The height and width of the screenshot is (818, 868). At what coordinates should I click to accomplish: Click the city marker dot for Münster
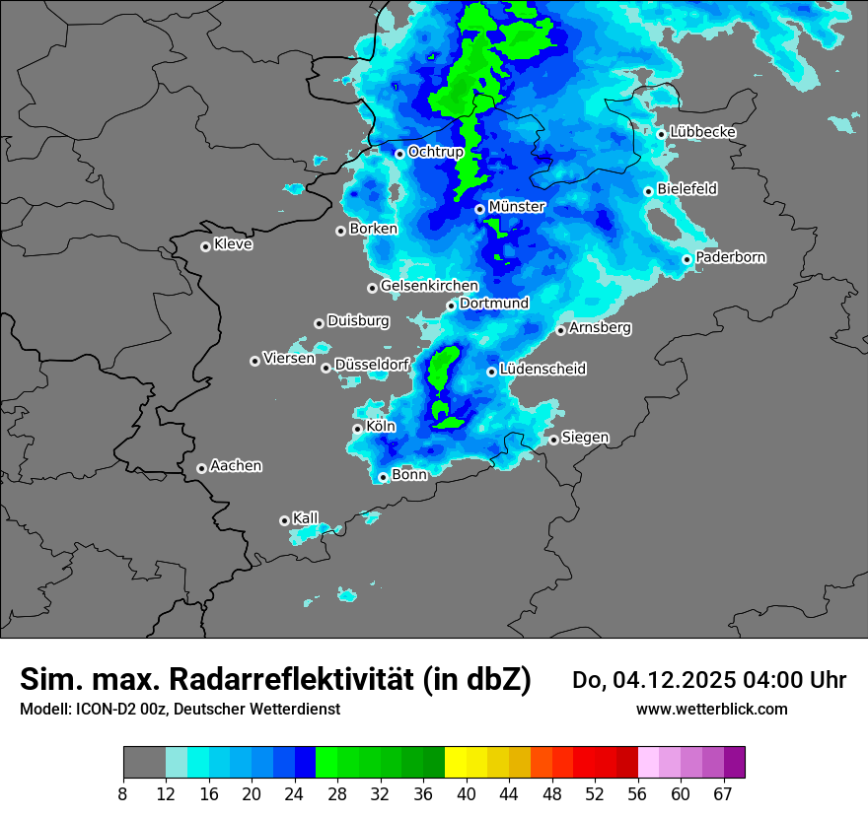click(479, 209)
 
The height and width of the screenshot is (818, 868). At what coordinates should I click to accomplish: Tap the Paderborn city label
click(731, 257)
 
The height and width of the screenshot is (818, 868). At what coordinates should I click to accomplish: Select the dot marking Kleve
click(205, 246)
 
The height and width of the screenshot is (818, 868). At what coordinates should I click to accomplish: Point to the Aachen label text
click(236, 466)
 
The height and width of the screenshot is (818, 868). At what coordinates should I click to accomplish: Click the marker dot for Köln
click(357, 429)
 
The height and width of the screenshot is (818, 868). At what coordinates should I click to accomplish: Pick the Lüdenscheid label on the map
click(542, 370)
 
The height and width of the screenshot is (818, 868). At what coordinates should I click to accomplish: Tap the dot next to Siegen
click(554, 440)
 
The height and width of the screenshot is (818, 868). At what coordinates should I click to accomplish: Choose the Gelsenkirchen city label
click(429, 286)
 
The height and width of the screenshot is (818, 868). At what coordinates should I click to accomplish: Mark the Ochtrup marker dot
click(399, 153)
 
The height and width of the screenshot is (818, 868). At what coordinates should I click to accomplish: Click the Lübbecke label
click(702, 132)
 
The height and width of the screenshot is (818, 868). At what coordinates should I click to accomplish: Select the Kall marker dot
click(284, 520)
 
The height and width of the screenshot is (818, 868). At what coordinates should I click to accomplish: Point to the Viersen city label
click(289, 359)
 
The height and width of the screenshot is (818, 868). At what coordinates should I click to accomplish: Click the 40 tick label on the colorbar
click(468, 794)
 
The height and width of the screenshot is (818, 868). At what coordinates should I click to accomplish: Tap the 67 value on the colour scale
click(723, 794)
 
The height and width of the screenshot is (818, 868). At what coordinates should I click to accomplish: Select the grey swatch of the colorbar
click(144, 763)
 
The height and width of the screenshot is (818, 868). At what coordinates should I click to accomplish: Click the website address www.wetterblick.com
click(711, 710)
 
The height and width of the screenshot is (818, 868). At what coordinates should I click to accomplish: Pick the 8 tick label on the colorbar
click(123, 794)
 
